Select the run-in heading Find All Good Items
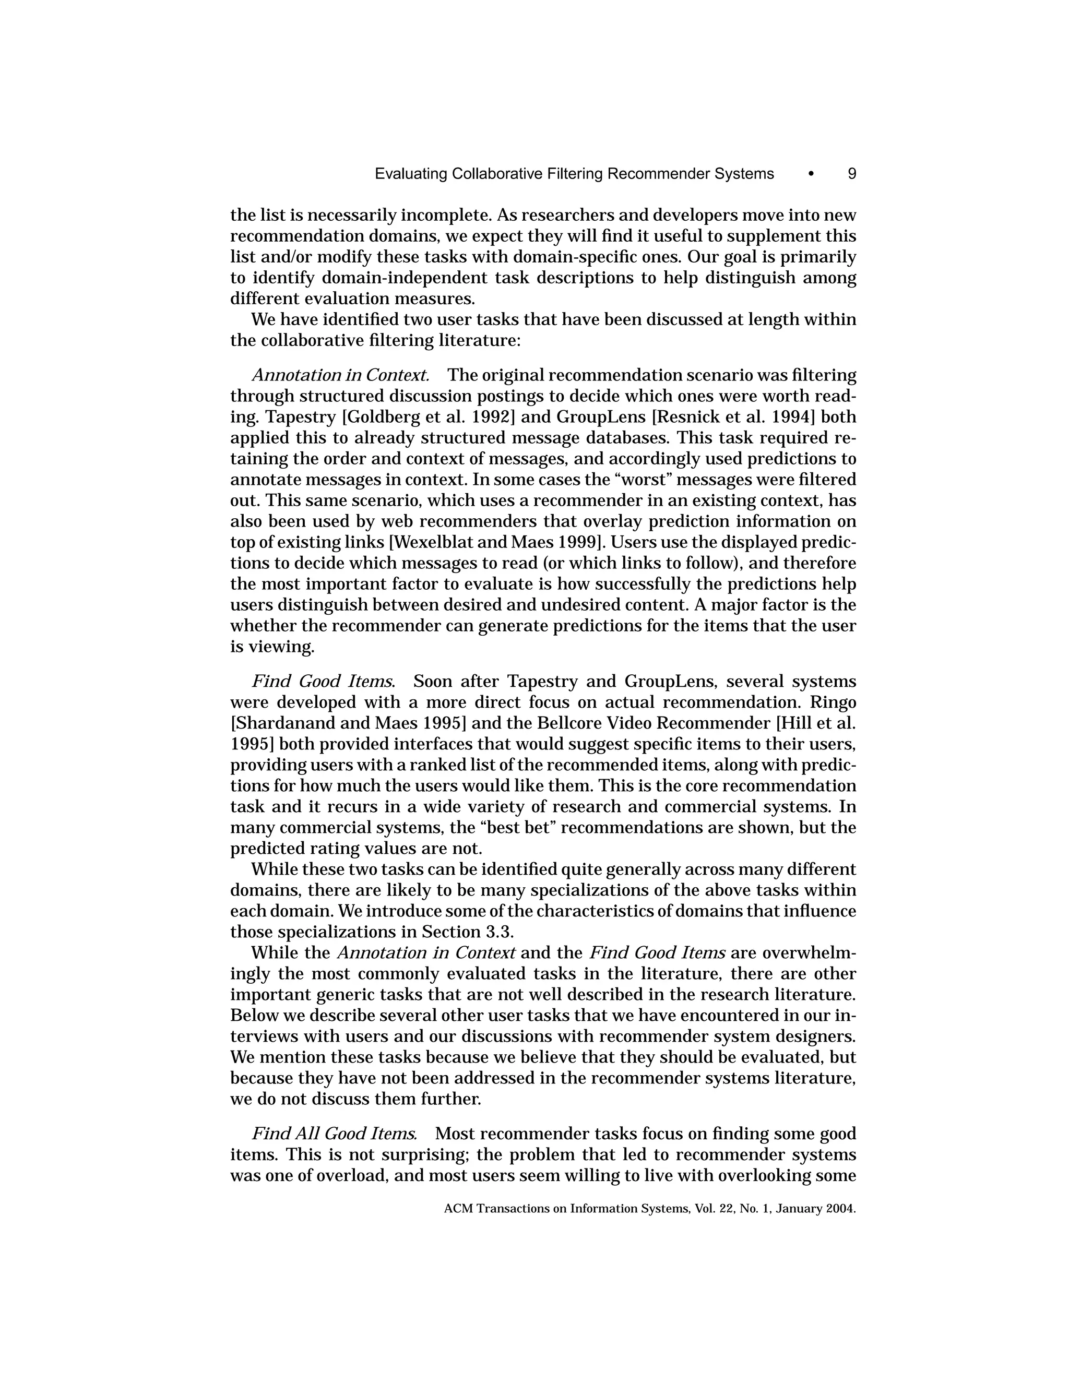pos(335,1134)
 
